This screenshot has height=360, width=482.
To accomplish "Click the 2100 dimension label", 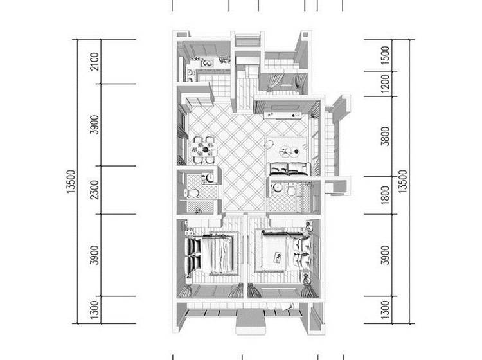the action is coord(96,62).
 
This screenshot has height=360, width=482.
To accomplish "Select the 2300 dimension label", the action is coord(96,190).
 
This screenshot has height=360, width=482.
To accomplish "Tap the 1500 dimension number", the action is coord(385,55).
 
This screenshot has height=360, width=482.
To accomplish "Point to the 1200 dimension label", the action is coord(385,84).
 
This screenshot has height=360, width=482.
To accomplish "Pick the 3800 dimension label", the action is coord(385,136).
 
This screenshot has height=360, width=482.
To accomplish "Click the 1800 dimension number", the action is coord(385,195).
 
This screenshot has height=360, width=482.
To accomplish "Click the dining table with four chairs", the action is coord(204,150).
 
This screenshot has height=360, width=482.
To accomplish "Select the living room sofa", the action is coord(289,169).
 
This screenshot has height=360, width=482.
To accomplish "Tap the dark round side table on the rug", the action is coord(296,151).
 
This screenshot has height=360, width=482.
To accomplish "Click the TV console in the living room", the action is coord(282,115).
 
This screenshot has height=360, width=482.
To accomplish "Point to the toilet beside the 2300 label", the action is coord(192,193).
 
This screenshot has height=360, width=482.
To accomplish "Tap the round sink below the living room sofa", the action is coord(278,187).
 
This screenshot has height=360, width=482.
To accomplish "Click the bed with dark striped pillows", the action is coord(211,254).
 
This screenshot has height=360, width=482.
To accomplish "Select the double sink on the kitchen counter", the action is coord(190,76).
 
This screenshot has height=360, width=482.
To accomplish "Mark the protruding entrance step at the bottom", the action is coord(250,322).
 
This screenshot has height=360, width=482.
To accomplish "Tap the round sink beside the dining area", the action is coord(210,177).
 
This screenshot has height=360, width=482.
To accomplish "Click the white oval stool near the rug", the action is coord(269,144).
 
